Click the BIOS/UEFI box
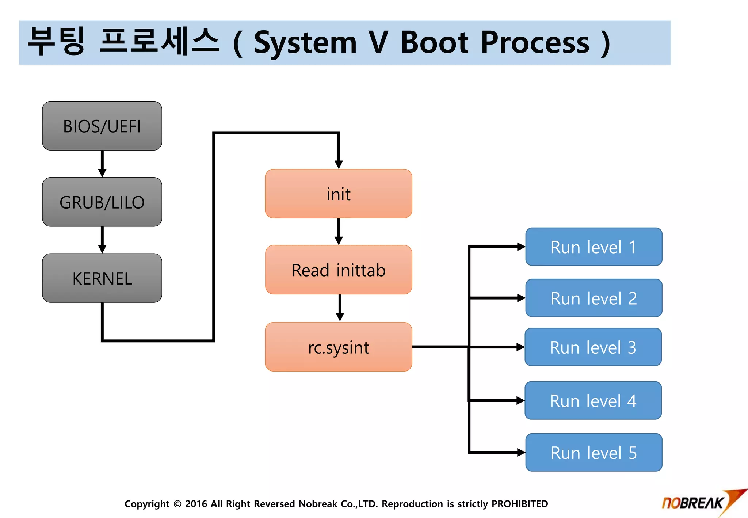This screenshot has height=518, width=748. pos(102,126)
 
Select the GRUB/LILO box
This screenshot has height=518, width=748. pos(102,202)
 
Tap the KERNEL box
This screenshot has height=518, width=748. pos(102,278)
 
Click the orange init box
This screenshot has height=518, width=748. pos(339,194)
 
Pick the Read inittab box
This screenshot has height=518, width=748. pos(339,270)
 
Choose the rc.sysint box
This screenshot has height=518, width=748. pos(339,347)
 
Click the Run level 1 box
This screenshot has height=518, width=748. pos(594,247)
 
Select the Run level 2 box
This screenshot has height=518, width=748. pos(594,298)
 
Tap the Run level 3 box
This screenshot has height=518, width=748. pos(593,347)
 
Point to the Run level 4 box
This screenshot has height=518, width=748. pos(593,401)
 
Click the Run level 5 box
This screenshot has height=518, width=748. pos(594,453)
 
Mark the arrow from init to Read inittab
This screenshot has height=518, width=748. pos(339,232)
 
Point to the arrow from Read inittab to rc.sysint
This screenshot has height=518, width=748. pos(340,308)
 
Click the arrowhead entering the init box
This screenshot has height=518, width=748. pos(339,164)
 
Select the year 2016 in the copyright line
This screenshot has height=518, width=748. pos(196,504)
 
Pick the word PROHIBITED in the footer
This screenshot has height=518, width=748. pos(519,504)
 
